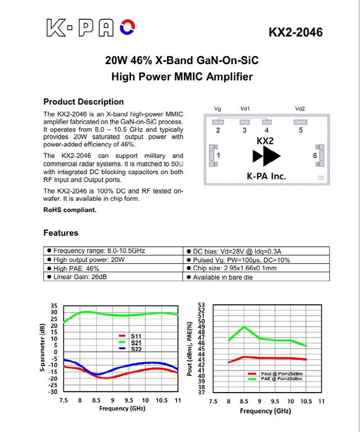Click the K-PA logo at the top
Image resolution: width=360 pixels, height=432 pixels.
pos(90,27)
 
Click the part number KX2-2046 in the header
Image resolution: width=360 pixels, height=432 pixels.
pos(296,32)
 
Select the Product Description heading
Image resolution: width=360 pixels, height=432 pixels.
pos(83,102)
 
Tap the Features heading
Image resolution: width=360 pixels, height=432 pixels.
pos(61,233)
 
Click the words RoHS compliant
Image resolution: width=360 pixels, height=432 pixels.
pos(70,210)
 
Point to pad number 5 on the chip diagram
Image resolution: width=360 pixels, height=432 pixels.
pos(300,130)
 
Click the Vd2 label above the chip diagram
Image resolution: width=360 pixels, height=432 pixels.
pos(300,109)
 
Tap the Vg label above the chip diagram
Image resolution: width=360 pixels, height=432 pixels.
pos(218,109)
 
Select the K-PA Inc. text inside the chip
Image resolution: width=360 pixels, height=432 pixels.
pos(267,175)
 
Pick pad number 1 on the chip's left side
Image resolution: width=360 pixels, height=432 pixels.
pos(218,155)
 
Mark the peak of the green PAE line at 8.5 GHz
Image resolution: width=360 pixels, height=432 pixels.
pos(244,326)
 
